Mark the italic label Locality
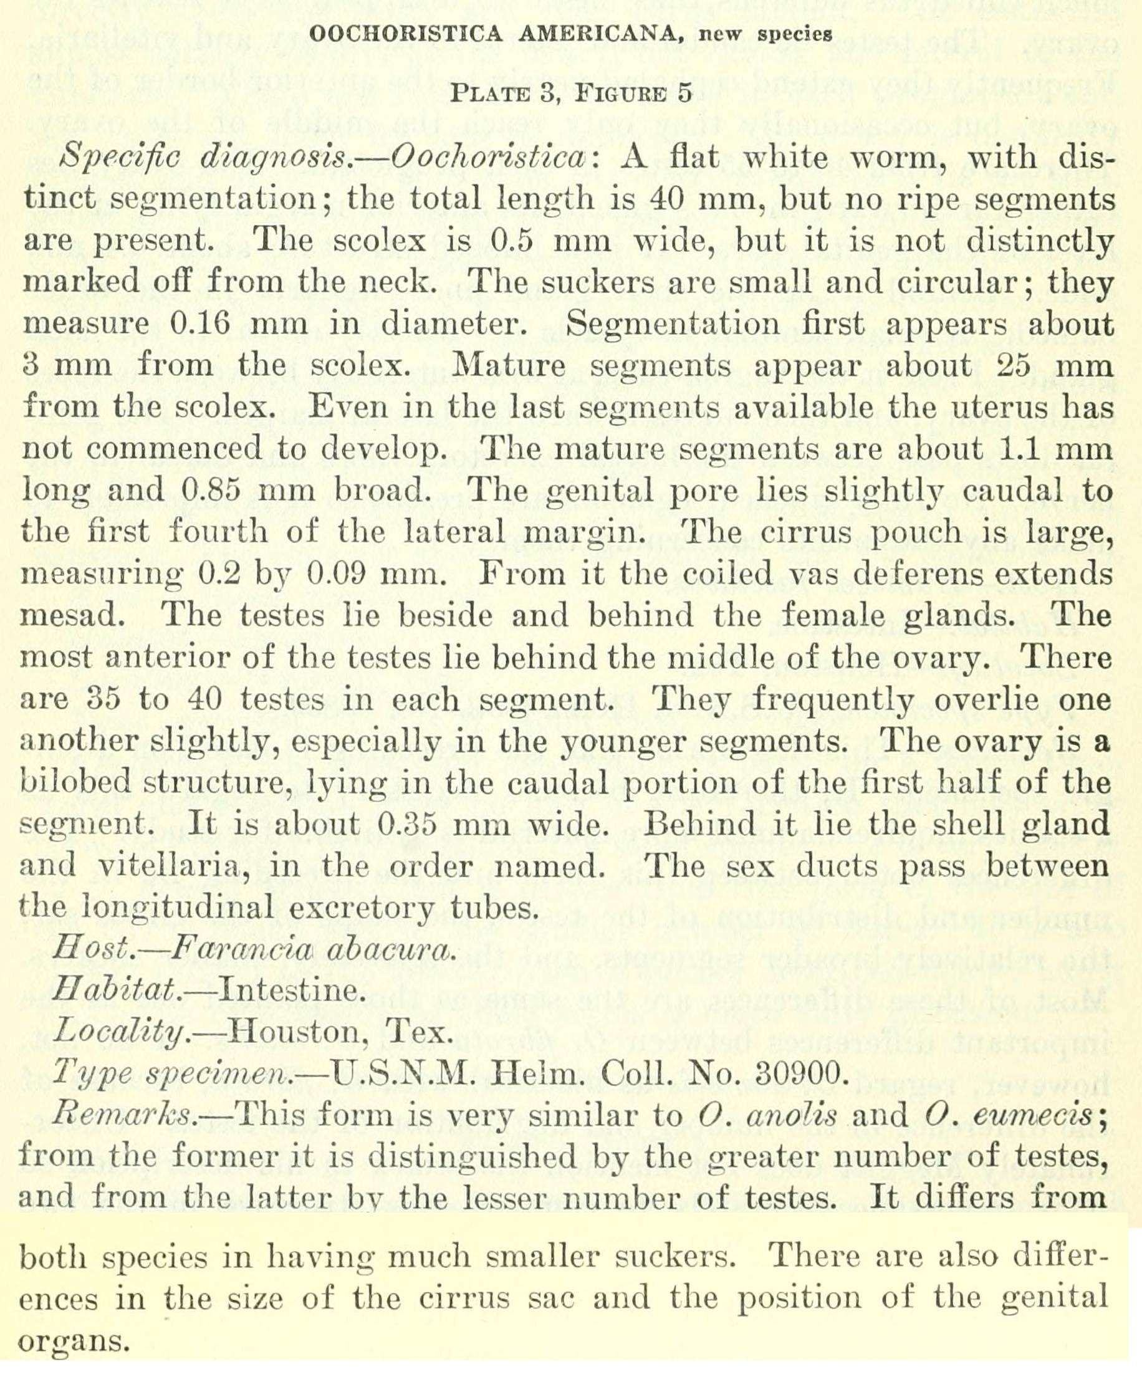coord(118,1034)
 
